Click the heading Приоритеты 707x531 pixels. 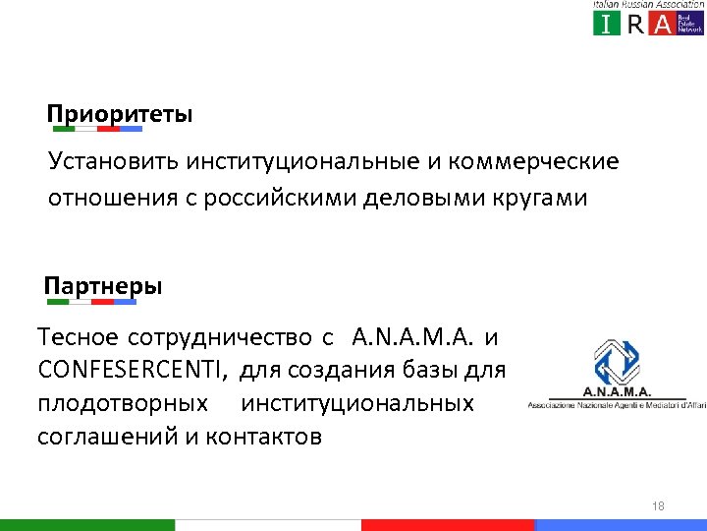click(121, 114)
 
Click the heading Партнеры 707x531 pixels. click(104, 287)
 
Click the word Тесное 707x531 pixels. click(75, 338)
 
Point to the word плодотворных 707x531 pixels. click(123, 404)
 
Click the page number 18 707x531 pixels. click(658, 506)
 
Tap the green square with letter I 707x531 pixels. click(607, 25)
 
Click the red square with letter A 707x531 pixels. click(664, 25)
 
